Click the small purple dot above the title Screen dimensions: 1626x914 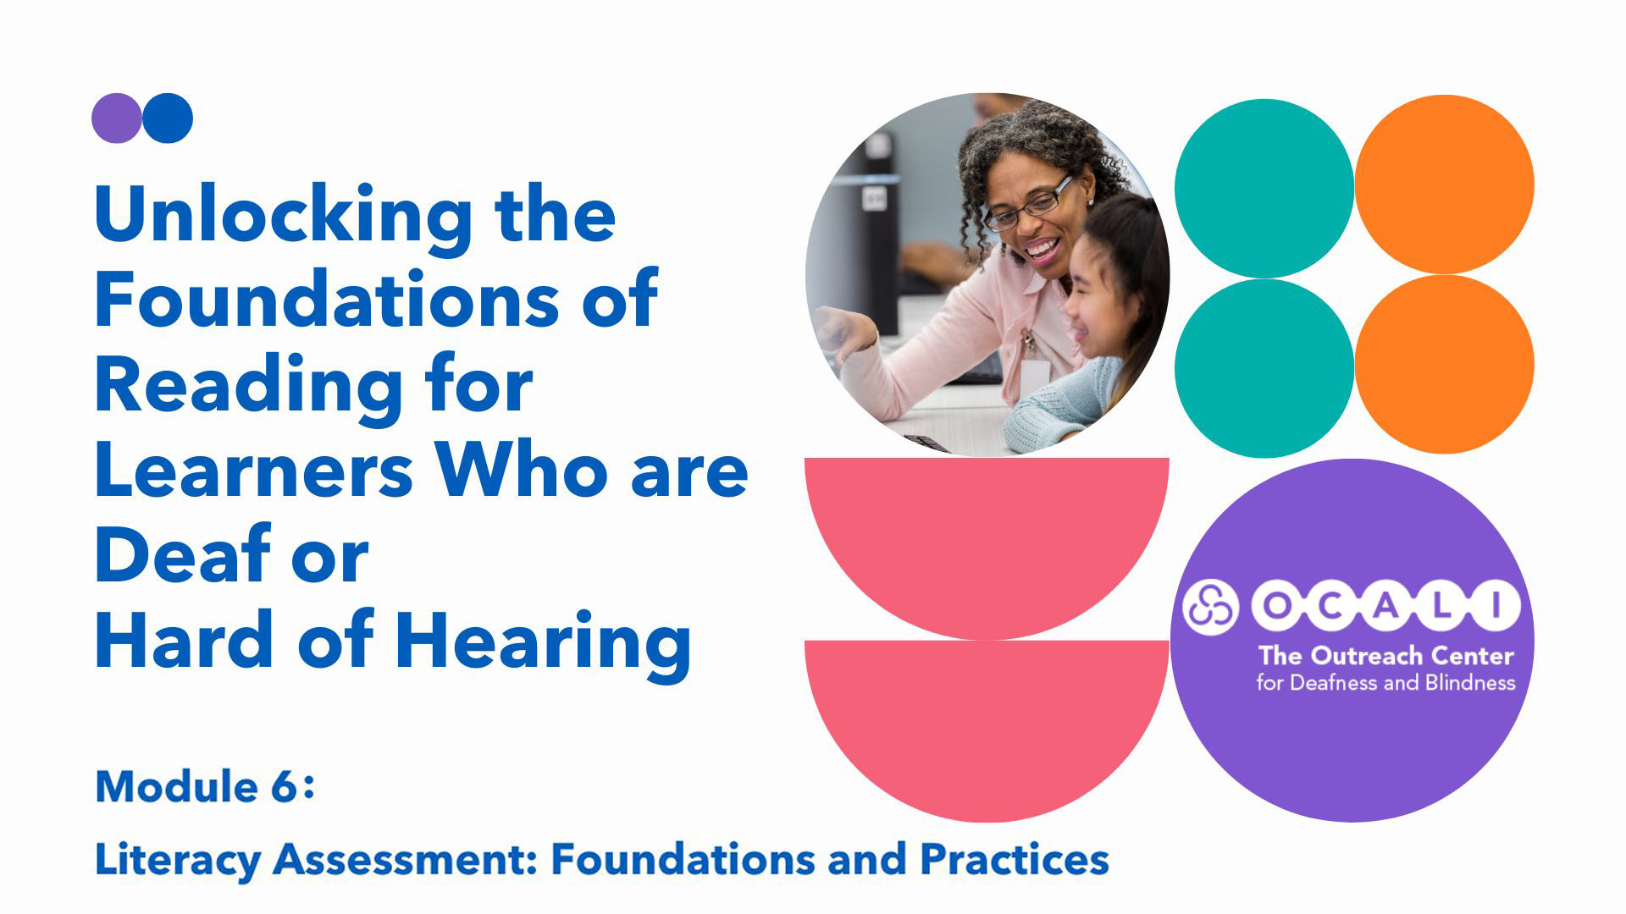coord(116,118)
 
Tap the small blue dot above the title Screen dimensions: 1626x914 coord(168,118)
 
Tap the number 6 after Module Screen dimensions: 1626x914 coord(285,787)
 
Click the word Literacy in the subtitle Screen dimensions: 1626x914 coord(178,861)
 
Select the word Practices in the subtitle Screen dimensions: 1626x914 coord(1015,859)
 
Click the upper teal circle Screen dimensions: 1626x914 coord(1264,189)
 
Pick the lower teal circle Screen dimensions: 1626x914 coord(1264,368)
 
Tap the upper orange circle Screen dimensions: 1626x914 coord(1445,184)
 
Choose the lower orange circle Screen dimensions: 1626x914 coord(1445,364)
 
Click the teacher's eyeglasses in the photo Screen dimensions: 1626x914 coord(1030,204)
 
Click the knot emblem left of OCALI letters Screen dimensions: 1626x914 coord(1210,606)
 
